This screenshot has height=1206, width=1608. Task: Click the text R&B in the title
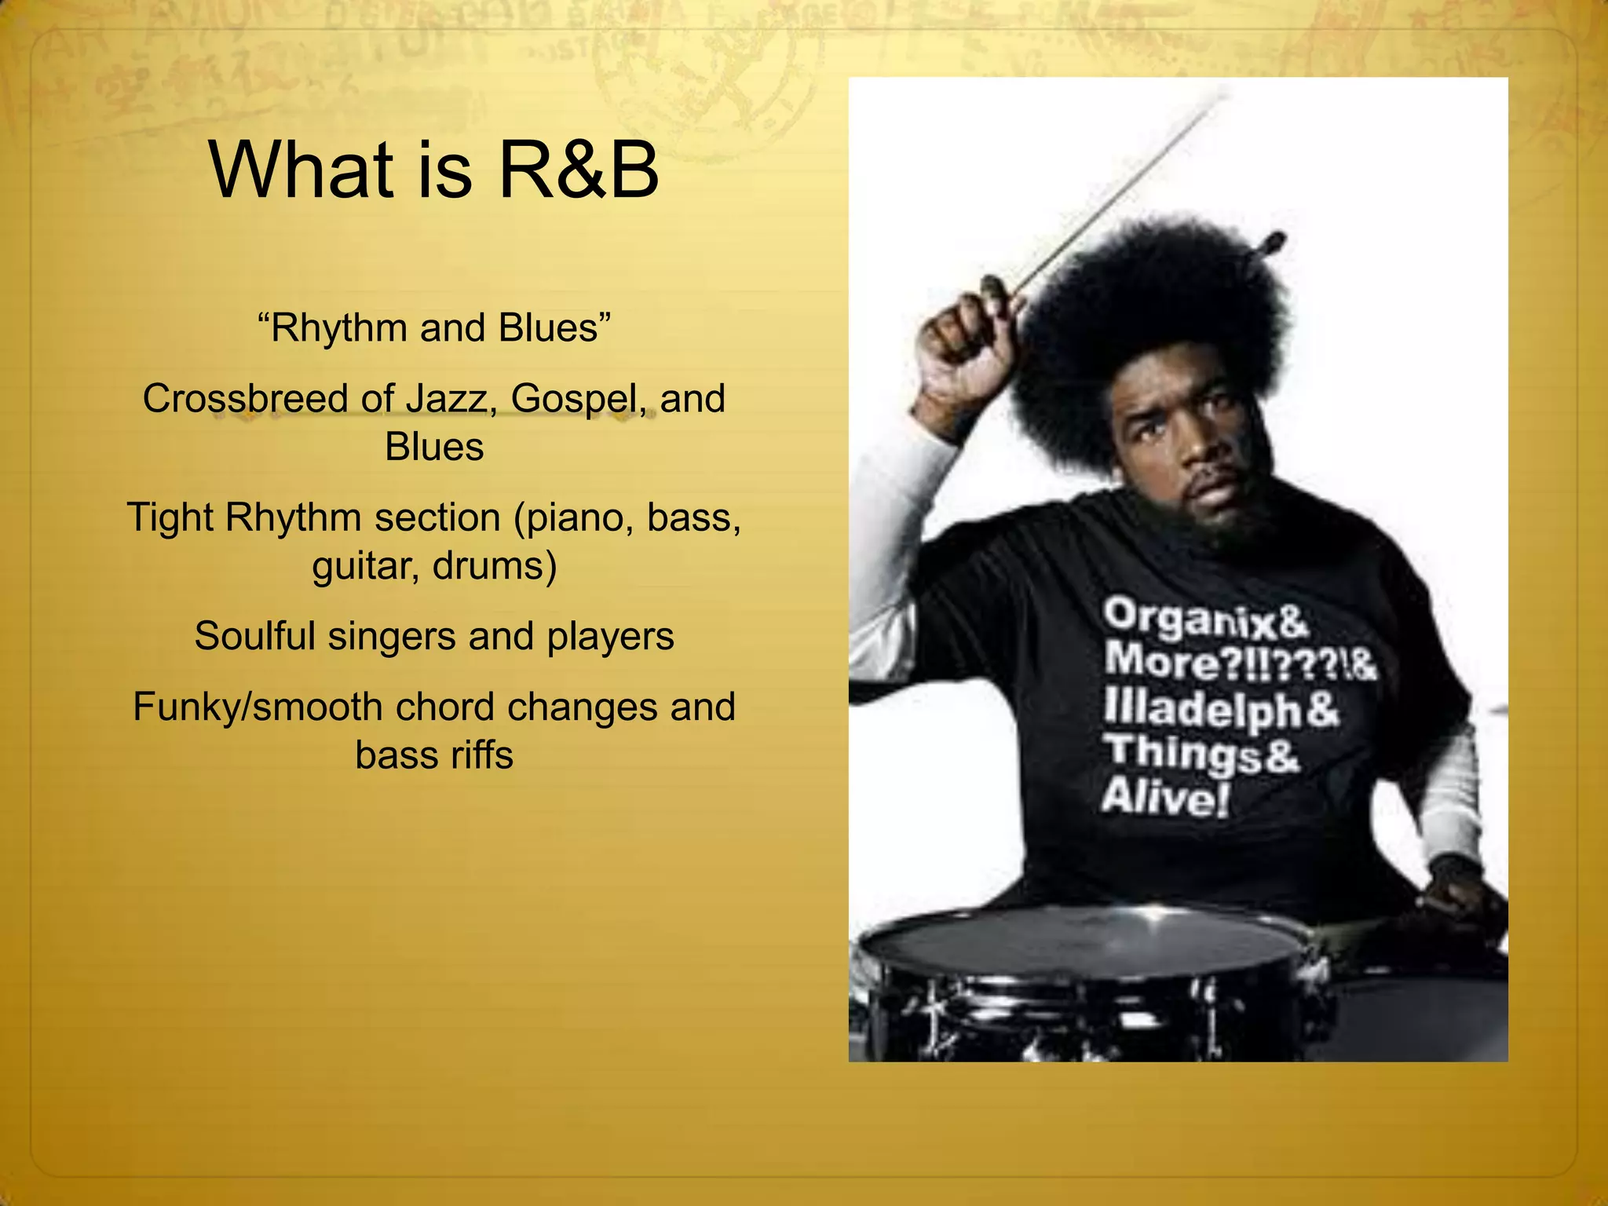coord(579,170)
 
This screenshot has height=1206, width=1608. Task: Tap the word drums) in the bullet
coord(495,565)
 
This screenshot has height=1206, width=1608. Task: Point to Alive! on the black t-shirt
coord(1164,798)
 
